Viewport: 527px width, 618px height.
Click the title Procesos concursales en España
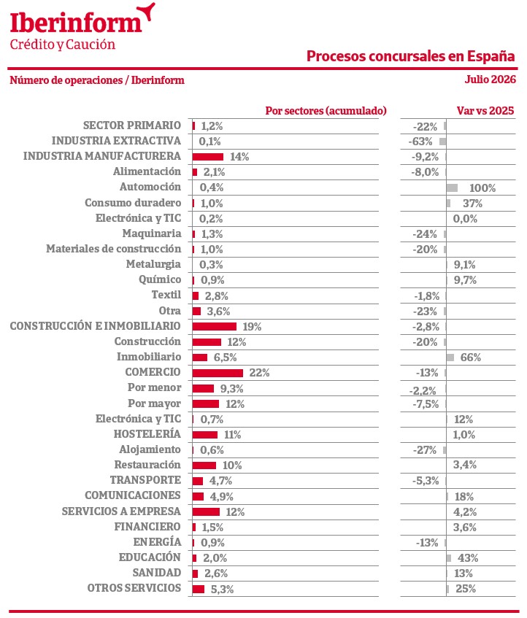point(411,56)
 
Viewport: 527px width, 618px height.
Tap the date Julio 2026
point(490,80)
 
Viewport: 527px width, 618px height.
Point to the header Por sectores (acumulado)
point(326,111)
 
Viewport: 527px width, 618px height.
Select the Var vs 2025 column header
point(485,110)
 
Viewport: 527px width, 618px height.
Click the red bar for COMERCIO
point(218,373)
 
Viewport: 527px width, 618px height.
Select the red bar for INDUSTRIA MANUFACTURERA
point(208,157)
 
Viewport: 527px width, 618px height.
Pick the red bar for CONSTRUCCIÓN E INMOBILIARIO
point(215,327)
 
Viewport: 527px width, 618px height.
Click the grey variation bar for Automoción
point(452,188)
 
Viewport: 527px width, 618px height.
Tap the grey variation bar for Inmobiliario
point(450,358)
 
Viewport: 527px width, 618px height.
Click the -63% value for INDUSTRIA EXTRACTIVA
point(420,142)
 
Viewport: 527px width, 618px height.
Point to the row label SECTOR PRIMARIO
point(132,125)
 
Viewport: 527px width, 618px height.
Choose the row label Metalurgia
point(153,264)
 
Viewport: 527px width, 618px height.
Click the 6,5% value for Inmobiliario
point(225,358)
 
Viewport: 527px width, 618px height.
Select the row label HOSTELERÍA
point(147,433)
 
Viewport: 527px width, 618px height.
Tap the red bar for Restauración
point(204,466)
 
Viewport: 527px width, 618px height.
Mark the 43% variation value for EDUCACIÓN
point(468,558)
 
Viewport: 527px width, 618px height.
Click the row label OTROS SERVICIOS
point(134,588)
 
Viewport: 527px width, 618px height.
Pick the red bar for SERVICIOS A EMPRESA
point(206,511)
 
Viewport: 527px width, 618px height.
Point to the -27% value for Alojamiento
point(425,450)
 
